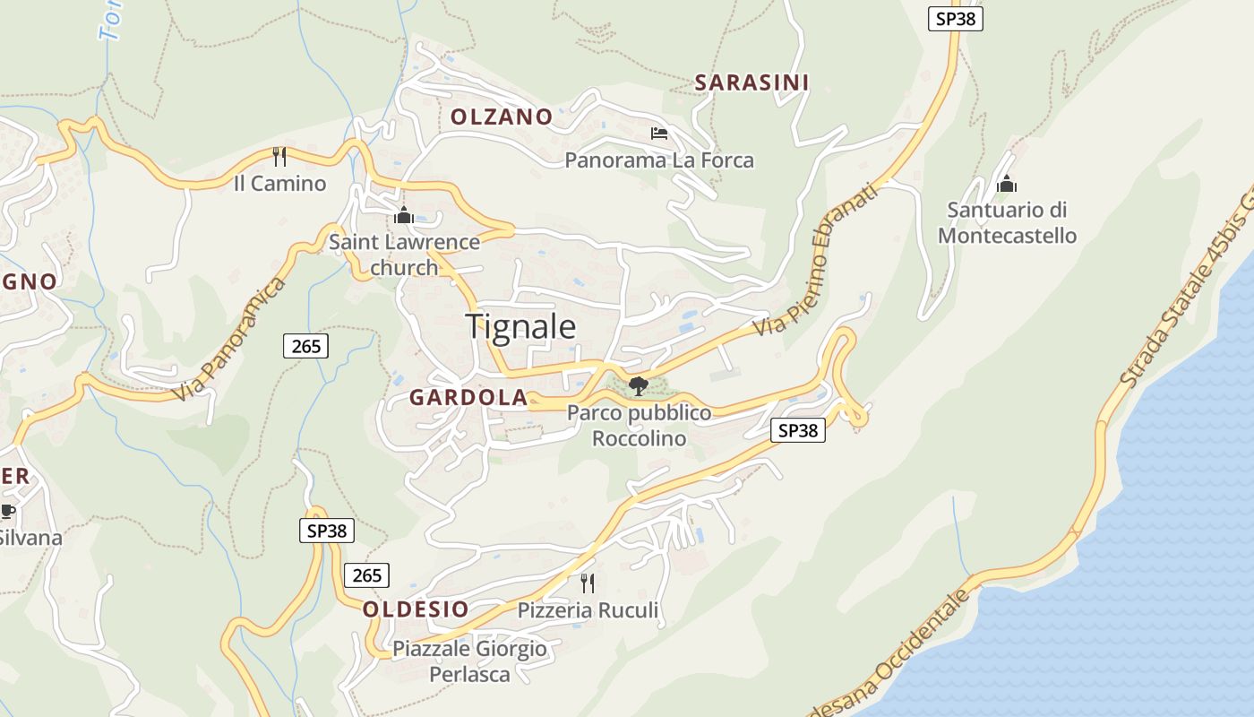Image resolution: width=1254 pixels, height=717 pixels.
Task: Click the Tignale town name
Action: click(520, 326)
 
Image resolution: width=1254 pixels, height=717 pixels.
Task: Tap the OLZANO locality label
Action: click(502, 117)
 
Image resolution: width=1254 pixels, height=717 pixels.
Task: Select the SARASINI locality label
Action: click(752, 82)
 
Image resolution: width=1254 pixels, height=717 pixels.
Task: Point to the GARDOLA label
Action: click(468, 398)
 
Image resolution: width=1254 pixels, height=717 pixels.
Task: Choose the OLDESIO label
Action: click(416, 609)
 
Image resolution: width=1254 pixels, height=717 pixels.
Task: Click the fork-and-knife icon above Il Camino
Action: click(279, 157)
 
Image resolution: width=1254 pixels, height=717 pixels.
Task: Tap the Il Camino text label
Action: click(279, 184)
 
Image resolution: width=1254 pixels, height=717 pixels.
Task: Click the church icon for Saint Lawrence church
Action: click(403, 215)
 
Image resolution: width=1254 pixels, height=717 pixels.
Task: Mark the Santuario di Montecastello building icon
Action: click(1007, 184)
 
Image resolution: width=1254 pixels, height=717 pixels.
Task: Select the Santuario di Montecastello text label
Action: click(1007, 222)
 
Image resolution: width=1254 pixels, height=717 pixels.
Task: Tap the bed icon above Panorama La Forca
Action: click(659, 134)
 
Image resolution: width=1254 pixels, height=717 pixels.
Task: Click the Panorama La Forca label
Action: click(659, 160)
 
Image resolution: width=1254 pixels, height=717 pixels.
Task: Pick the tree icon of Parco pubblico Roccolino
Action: click(639, 386)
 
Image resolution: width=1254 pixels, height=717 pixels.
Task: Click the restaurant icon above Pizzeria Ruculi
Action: click(588, 583)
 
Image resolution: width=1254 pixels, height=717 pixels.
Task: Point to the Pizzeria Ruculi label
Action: click(588, 611)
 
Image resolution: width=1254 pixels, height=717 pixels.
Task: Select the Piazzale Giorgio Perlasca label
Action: click(469, 661)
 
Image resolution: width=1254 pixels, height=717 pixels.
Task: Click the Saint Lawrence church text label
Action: click(404, 255)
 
